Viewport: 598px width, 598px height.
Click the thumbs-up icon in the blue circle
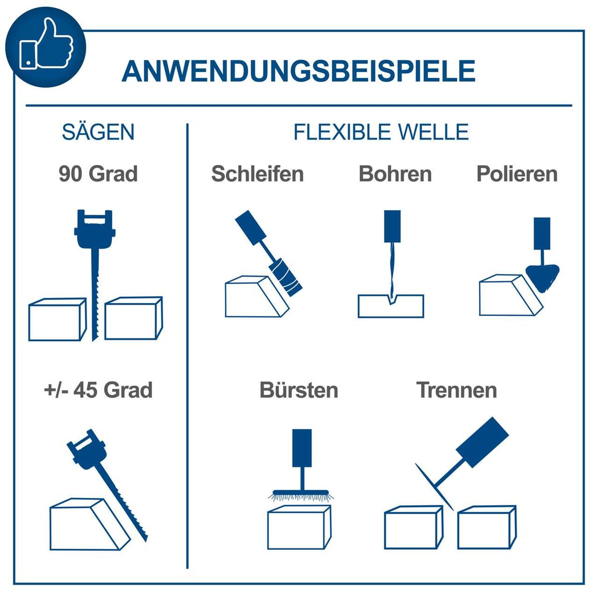coord(46,46)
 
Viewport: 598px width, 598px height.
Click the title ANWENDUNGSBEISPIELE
coord(298,71)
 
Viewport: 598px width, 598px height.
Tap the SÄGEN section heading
coord(98,132)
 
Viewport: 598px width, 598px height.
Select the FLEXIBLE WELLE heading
coord(381,132)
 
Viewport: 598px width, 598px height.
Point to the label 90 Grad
coord(98,174)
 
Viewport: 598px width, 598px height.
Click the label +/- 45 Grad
coord(98,390)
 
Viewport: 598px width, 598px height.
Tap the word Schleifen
coord(257,174)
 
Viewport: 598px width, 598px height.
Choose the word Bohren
coord(395,174)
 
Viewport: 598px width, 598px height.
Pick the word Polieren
coord(517,174)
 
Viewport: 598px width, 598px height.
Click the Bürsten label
coord(299,390)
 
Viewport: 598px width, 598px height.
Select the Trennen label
coord(456,390)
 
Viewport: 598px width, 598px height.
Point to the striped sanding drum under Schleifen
coord(286,277)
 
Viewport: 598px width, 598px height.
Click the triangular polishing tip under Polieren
coord(542,277)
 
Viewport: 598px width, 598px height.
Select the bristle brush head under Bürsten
coord(301,494)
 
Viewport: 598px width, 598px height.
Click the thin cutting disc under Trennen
coord(434,486)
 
